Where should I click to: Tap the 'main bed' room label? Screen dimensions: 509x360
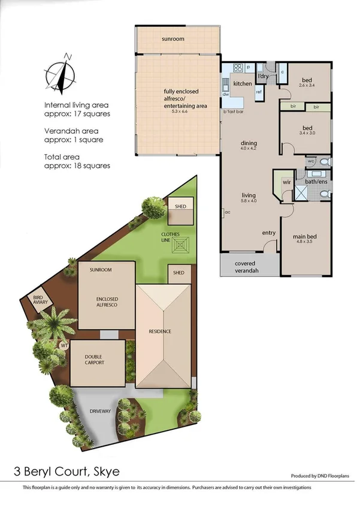pyautogui.click(x=304, y=236)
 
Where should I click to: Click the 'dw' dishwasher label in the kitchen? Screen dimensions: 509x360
pyautogui.click(x=226, y=95)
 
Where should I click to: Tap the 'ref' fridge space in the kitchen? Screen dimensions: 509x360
pyautogui.click(x=259, y=92)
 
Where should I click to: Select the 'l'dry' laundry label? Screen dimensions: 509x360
pyautogui.click(x=262, y=76)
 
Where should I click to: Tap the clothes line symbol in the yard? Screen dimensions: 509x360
pyautogui.click(x=181, y=246)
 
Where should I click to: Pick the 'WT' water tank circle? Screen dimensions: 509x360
pyautogui.click(x=63, y=345)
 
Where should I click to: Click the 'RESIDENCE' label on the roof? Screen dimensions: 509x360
pyautogui.click(x=160, y=332)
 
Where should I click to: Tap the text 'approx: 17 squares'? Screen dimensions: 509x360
pyautogui.click(x=77, y=113)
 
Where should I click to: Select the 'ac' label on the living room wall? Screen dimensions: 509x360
pyautogui.click(x=227, y=212)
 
